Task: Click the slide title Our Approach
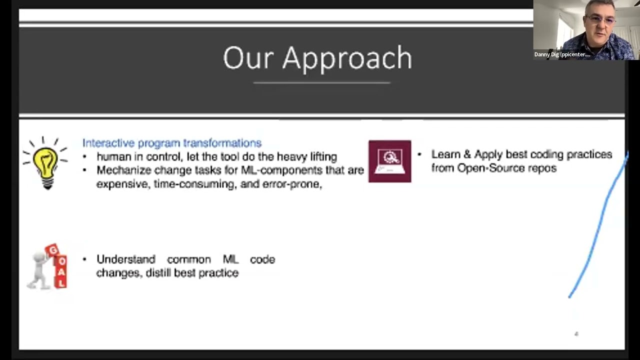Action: (x=317, y=58)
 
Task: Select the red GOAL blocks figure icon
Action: (x=48, y=266)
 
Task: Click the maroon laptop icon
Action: (x=389, y=161)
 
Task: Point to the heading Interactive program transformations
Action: (x=171, y=143)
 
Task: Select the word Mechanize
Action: (x=123, y=170)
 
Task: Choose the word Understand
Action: (x=125, y=259)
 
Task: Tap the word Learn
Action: (x=445, y=154)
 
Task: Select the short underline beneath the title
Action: (x=321, y=82)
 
